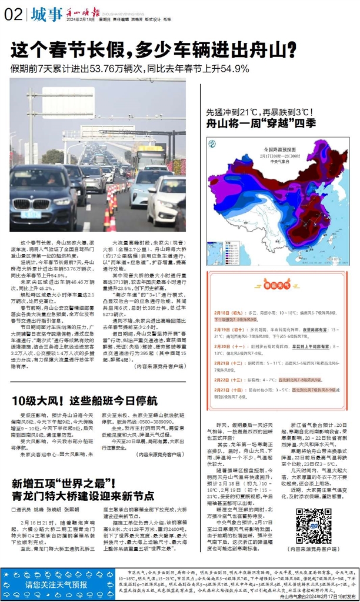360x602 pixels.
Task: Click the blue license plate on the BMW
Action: point(31,215)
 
